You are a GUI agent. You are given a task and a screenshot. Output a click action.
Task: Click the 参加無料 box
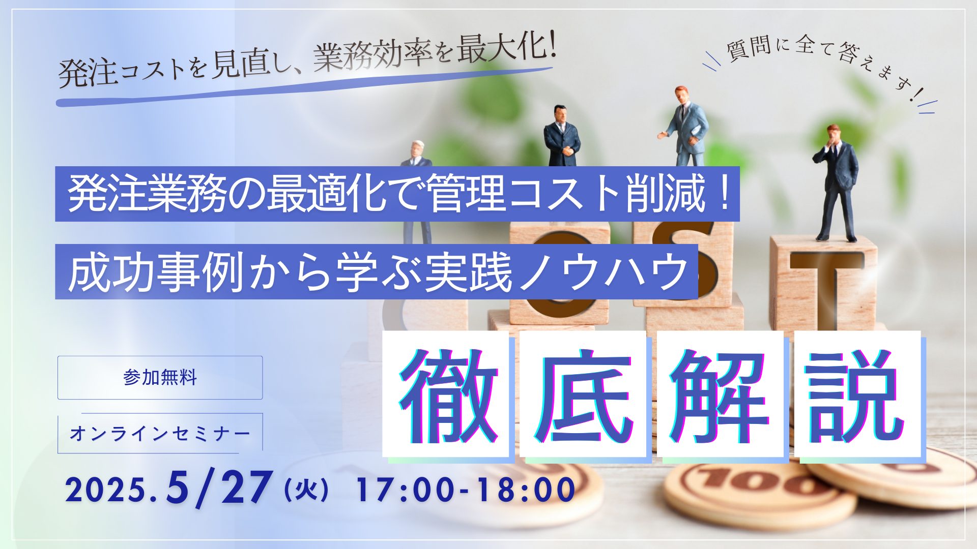pos(160,378)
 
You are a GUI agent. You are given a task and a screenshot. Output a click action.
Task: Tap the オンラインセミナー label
pos(160,433)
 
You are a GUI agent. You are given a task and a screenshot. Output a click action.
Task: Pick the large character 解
pos(720,395)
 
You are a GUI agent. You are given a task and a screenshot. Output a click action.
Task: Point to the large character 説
pos(857,395)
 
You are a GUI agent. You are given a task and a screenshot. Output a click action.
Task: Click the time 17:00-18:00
pos(466,491)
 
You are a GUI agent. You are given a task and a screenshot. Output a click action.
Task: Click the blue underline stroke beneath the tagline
pos(305,86)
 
